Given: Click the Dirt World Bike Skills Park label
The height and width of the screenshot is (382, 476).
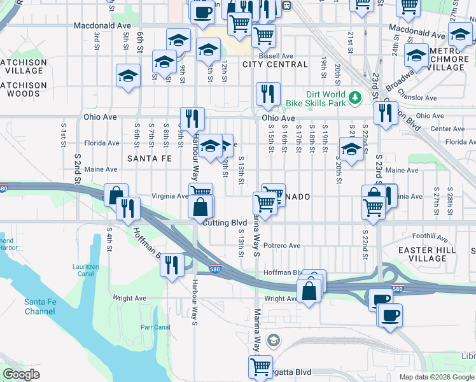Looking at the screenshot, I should (x=316, y=99).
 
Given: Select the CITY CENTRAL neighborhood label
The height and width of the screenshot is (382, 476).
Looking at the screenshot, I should (x=275, y=64).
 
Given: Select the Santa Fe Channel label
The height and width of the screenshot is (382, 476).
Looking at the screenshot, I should (x=40, y=306).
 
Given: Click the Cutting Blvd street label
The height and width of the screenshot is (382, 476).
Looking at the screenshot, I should (x=225, y=222).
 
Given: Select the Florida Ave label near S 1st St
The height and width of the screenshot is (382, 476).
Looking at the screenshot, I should (x=102, y=143).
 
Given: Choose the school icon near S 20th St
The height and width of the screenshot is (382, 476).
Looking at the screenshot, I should (x=351, y=148).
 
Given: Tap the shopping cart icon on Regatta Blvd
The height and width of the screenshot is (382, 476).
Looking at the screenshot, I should (x=260, y=367).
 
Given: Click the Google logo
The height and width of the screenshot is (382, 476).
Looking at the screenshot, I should (x=22, y=374).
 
